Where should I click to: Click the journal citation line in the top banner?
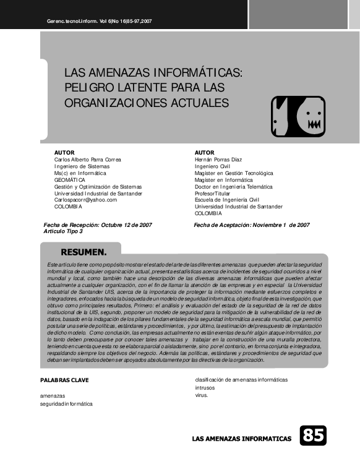(x=100, y=22)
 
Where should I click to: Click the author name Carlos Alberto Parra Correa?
(x=88, y=160)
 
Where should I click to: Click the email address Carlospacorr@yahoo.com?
(x=85, y=200)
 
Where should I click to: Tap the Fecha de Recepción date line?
(x=98, y=225)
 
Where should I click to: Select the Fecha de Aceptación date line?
(x=252, y=225)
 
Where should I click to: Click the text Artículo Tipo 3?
(x=63, y=231)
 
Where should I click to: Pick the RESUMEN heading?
(x=84, y=252)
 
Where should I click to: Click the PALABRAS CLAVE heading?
(x=64, y=380)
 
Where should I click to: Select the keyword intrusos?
(x=205, y=388)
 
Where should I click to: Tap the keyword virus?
(x=202, y=395)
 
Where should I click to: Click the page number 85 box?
(x=313, y=435)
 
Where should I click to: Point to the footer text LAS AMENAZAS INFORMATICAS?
(x=242, y=438)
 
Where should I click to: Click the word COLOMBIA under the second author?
(x=208, y=213)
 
